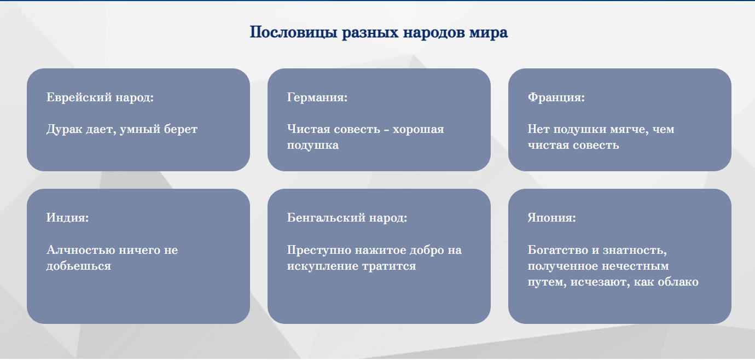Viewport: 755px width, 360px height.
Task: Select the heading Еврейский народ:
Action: point(100,97)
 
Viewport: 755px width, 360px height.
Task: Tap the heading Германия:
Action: point(317,97)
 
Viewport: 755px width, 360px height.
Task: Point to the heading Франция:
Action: point(556,97)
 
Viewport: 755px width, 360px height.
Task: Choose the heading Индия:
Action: point(67,218)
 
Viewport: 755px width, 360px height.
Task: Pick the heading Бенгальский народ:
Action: point(347,218)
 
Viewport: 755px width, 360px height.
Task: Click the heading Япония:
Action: point(552,218)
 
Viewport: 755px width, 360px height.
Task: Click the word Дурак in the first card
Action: point(64,129)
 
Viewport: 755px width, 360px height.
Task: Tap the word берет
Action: point(181,130)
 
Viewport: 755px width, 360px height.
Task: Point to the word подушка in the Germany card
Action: point(313,146)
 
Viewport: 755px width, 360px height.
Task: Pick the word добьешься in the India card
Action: point(79,266)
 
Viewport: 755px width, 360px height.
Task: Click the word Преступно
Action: point(319,250)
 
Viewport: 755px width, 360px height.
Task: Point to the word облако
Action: point(678,282)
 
